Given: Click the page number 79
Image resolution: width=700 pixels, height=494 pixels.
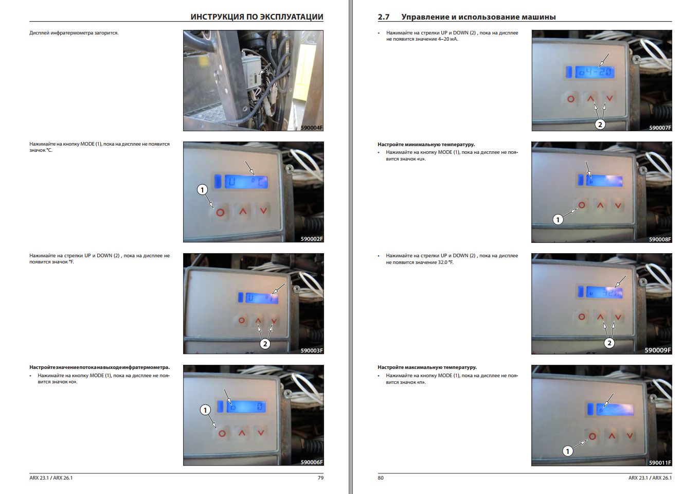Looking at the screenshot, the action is tap(320, 478).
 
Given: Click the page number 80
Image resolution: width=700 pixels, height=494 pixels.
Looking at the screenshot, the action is tap(381, 478).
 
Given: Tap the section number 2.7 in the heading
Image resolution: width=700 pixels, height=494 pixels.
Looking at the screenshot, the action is tap(384, 17).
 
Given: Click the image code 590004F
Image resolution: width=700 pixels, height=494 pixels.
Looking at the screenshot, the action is tap(312, 128).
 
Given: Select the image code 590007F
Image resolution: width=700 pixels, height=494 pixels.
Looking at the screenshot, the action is tap(660, 128).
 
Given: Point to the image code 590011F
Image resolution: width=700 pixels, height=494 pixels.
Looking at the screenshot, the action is tap(660, 463).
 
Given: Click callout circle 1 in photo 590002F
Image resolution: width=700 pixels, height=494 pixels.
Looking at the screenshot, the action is tap(202, 190).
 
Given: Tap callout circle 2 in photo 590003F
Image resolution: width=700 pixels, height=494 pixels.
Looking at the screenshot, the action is tap(265, 344).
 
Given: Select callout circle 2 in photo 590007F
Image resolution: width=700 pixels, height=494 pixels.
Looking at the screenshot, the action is tap(600, 125).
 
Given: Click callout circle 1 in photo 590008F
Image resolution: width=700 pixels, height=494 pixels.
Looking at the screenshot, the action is tap(558, 220).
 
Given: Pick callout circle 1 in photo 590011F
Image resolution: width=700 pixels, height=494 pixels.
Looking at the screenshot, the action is tap(567, 451).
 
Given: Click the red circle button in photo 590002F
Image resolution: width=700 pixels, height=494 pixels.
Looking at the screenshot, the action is tap(220, 213).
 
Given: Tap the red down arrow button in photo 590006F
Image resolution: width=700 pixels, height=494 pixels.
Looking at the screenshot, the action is tap(261, 433).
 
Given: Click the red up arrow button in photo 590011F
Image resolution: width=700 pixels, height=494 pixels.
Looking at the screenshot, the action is tap(612, 435).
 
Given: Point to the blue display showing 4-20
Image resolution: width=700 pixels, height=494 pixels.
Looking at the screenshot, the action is tap(595, 73).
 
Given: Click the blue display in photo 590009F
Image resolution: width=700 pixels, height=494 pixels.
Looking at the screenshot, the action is tap(604, 292).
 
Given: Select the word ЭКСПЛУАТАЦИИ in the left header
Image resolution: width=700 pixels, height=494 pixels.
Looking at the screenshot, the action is tap(292, 17).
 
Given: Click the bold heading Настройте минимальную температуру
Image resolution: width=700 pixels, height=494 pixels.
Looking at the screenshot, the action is tap(426, 145).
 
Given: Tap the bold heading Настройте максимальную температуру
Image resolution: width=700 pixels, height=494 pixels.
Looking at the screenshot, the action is tap(427, 367).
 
